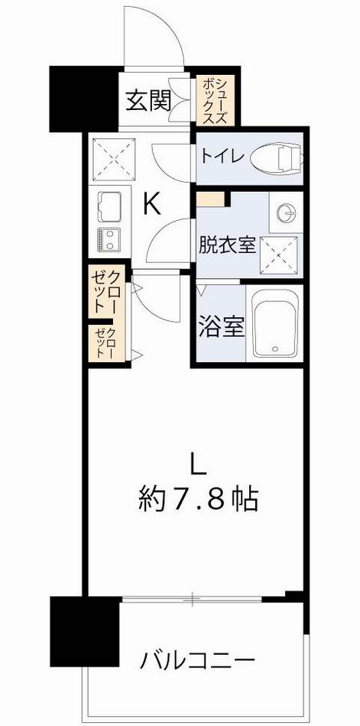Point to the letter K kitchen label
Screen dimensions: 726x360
[152, 204]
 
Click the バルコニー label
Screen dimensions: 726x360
[197, 659]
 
